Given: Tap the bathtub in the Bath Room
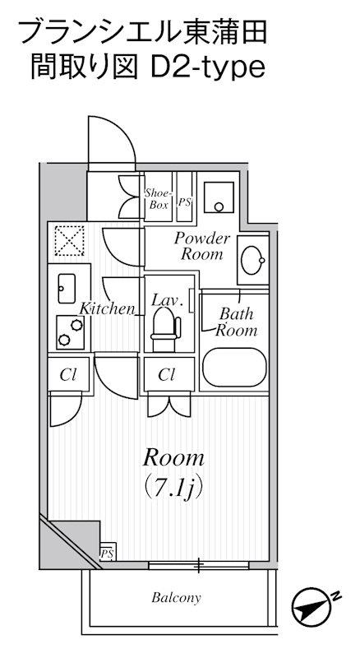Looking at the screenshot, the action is (x=234, y=367).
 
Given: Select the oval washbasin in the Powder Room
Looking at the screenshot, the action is (x=252, y=260).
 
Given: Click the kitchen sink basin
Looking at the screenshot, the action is (x=67, y=289).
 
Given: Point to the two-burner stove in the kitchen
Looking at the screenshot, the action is (x=70, y=332).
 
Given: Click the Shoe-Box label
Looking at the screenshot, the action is (x=158, y=199).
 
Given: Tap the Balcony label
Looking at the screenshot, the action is (x=176, y=598).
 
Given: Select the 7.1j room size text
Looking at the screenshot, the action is (x=173, y=487).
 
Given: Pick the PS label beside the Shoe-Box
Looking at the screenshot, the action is (x=184, y=202).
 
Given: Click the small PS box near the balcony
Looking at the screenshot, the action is (x=107, y=553).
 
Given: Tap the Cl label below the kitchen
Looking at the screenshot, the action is (x=67, y=375).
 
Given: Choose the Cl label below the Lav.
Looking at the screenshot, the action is (x=166, y=374).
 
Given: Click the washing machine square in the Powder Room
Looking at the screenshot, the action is (x=219, y=197).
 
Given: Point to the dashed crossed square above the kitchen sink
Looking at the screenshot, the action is (x=70, y=240).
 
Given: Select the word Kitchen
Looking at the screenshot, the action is (x=107, y=309).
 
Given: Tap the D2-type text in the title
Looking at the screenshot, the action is (x=208, y=68).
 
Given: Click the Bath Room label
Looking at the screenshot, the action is (x=236, y=322).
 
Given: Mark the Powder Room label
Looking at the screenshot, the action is (x=202, y=246).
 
